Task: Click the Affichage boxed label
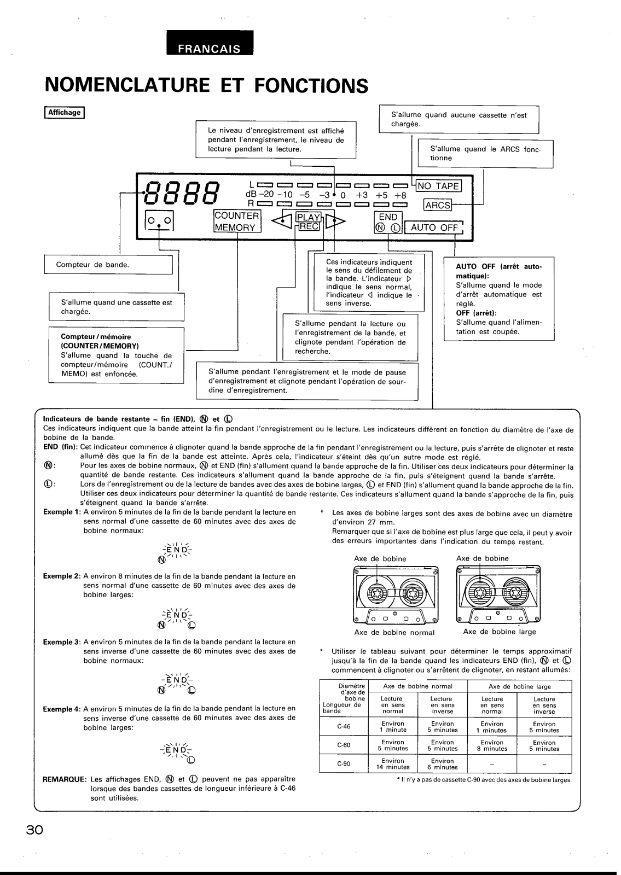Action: pos(65,113)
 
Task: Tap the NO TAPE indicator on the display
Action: pos(438,186)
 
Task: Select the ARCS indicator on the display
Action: pos(438,205)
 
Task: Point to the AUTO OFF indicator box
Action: pos(434,227)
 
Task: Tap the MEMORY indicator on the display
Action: pos(235,227)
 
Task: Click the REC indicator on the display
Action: pos(308,226)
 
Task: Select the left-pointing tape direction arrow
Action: pos(281,221)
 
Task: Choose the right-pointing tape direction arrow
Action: pos(335,221)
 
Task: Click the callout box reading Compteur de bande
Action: pos(108,265)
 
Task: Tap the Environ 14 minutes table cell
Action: pos(392,764)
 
